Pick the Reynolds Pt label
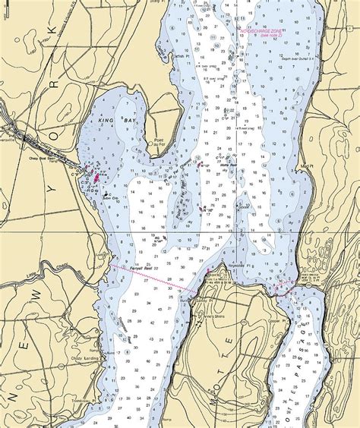point(238,266)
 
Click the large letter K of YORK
point(51,30)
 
